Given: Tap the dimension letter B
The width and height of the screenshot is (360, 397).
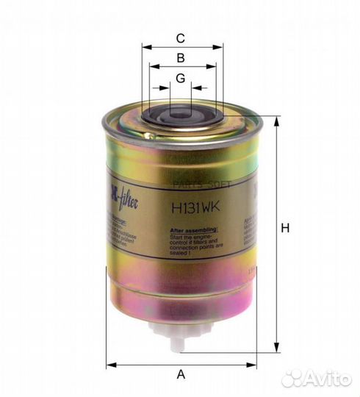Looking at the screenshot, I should [x=181, y=57].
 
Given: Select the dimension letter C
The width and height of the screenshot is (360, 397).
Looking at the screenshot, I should [x=181, y=38].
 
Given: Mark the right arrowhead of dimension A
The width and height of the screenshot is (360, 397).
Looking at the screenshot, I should [x=252, y=364].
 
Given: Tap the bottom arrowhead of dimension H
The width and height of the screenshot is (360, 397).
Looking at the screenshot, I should [x=276, y=348].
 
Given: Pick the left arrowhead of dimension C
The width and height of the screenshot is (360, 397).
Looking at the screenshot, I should [x=145, y=47].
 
